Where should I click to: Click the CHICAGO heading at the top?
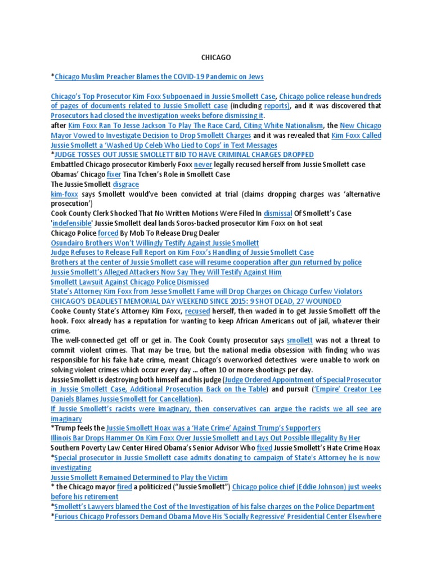(x=216, y=57)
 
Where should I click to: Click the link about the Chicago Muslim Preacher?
(x=159, y=76)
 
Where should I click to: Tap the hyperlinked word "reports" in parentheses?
(x=277, y=106)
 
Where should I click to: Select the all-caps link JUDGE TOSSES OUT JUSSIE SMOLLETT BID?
(x=184, y=155)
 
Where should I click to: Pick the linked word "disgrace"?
(x=125, y=184)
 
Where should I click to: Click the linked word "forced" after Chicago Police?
(x=107, y=233)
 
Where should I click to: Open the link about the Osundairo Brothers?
(x=155, y=242)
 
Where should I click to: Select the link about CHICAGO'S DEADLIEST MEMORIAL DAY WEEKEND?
(x=196, y=301)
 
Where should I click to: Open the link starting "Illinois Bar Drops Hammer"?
(x=205, y=438)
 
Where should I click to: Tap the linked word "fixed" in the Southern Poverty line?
(x=264, y=448)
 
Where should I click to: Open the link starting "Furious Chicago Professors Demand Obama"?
(x=218, y=516)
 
